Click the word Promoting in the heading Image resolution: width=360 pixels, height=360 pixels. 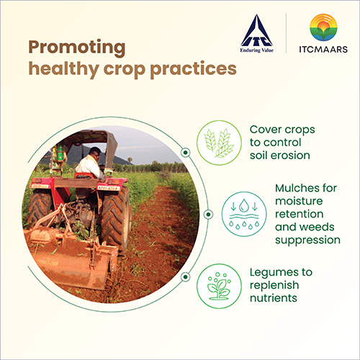pyautogui.click(x=77, y=48)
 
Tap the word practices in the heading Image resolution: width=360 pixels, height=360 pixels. pyautogui.click(x=194, y=70)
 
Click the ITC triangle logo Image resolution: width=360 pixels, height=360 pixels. pyautogui.click(x=257, y=30)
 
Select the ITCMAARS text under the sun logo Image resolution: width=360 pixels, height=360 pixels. pyautogui.click(x=323, y=49)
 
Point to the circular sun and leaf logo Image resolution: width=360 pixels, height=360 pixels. pyautogui.click(x=323, y=27)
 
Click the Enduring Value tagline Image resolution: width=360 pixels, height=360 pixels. pyautogui.click(x=257, y=50)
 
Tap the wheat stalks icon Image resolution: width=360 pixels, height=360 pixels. pyautogui.click(x=219, y=143)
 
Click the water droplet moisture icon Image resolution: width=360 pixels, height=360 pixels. pyautogui.click(x=244, y=214)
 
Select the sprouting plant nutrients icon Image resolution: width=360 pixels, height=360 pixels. pyautogui.click(x=219, y=286)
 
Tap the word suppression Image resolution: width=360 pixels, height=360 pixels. pyautogui.click(x=307, y=240)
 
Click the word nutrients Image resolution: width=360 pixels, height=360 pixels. pyautogui.click(x=274, y=298)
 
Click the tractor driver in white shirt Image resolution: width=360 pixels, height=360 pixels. pyautogui.click(x=90, y=163)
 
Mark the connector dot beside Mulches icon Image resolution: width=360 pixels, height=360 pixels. pyautogui.click(x=209, y=214)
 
